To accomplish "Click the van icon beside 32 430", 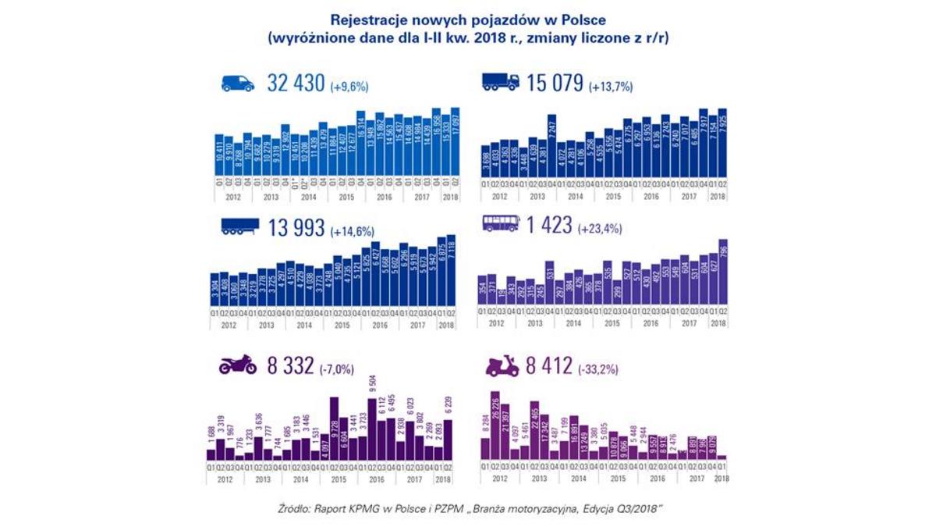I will (238, 84).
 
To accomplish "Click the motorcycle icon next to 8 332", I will (238, 365).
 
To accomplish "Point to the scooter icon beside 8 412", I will (502, 365).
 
